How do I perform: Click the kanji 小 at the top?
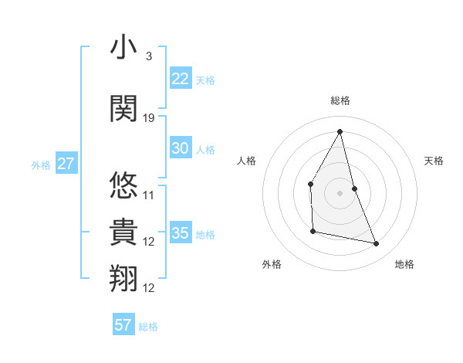[123, 48]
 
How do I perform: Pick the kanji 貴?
[123, 232]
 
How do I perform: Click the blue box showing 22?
[180, 79]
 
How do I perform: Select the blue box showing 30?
[180, 149]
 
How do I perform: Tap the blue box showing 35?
[180, 233]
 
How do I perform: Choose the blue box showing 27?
[66, 164]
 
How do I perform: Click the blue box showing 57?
[123, 325]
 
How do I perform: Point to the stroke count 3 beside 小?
[148, 56]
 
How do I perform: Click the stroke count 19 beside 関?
[149, 117]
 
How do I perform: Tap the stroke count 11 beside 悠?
[149, 195]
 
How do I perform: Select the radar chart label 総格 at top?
[340, 100]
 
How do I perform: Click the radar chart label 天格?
[434, 161]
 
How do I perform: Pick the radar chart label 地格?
[404, 264]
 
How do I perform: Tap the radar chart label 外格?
[272, 264]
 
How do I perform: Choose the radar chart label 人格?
[246, 161]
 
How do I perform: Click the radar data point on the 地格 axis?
[377, 244]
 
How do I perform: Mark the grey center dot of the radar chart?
[340, 192]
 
